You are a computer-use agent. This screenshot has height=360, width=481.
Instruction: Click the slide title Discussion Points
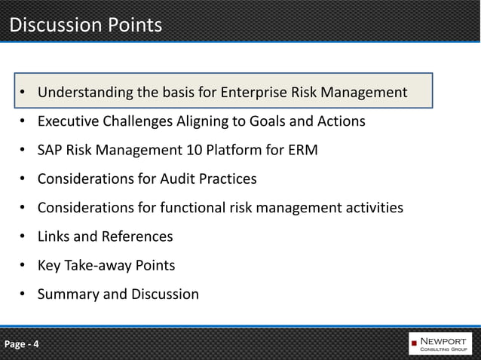pos(85,25)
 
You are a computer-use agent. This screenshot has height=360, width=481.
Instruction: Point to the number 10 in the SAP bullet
pos(195,151)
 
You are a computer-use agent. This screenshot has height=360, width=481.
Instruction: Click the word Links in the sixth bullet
pos(54,236)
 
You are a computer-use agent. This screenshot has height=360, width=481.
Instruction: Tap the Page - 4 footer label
pos(23,345)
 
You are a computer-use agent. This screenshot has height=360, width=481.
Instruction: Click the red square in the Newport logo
pos(414,345)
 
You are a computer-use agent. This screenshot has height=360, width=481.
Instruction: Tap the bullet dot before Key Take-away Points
pos(23,265)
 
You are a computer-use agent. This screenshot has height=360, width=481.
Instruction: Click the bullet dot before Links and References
pos(23,236)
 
